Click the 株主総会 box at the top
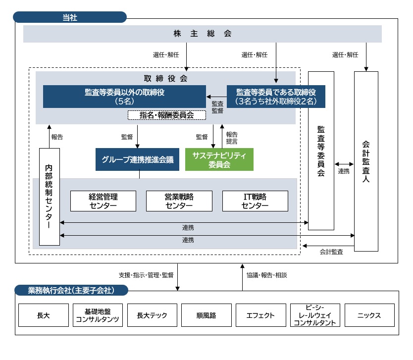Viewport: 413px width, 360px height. tap(203, 34)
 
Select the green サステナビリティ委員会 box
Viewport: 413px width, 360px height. tap(219, 159)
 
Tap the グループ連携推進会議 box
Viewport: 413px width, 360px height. tap(138, 159)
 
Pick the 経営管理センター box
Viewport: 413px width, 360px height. tap(103, 201)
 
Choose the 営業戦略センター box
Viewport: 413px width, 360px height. tap(179, 201)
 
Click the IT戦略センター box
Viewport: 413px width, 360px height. tap(255, 201)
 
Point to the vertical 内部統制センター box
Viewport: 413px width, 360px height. tap(49, 196)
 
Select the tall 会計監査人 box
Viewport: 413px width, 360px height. tap(366, 161)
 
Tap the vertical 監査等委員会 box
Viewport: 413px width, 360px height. tap(321, 151)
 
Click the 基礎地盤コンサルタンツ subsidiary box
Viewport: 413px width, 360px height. tap(98, 315)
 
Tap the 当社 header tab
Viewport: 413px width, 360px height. tap(70, 17)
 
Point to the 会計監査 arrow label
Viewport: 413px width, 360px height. tap(331, 252)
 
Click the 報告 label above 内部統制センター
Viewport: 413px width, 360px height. tap(57, 136)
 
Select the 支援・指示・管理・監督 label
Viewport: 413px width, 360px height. tap(146, 274)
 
